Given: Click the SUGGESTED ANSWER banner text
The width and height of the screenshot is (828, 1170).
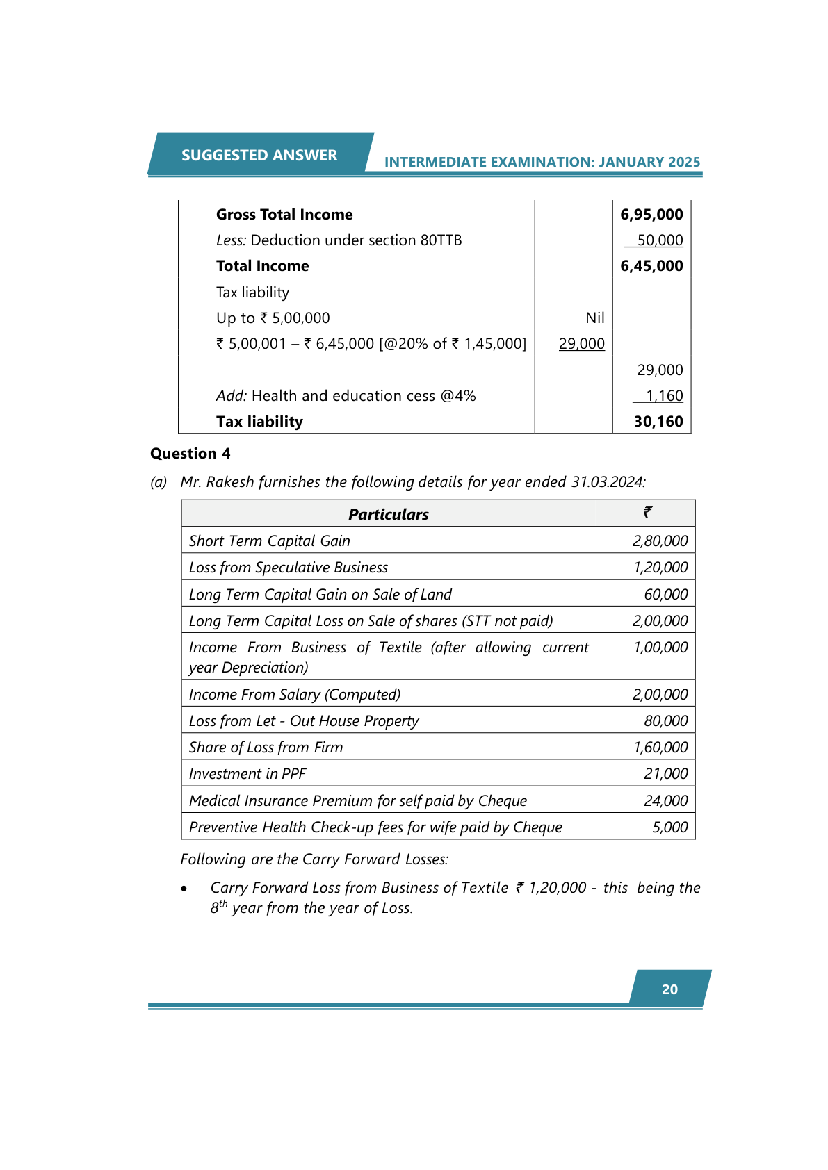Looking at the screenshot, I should (259, 156).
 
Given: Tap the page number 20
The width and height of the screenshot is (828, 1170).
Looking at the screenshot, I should (669, 989).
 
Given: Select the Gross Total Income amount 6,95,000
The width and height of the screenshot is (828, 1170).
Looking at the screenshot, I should (651, 215).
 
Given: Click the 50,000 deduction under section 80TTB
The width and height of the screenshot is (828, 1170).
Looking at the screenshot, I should (660, 240).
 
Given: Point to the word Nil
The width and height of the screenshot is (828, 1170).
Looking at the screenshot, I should (594, 318).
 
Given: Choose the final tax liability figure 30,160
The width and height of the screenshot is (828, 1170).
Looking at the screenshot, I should (658, 422).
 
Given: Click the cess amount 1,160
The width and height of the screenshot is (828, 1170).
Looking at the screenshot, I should (664, 396).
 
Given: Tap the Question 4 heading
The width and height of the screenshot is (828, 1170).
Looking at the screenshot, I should (190, 454).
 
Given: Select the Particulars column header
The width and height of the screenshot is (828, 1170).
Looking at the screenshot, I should (388, 515).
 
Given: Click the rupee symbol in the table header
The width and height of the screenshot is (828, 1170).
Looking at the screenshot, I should (647, 513).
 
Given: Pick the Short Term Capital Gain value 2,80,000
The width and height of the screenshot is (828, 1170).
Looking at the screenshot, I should (660, 541).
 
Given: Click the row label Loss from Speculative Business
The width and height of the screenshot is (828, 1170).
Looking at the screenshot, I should (288, 568).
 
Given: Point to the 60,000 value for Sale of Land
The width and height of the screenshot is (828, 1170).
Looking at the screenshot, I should (665, 595).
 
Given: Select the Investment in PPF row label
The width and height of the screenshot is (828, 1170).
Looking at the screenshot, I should (247, 774).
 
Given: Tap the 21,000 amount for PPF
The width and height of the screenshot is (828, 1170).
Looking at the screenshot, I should (665, 774).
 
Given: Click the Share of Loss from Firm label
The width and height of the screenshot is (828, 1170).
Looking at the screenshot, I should (266, 748).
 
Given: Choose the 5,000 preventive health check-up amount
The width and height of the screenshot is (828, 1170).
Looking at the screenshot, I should (669, 827).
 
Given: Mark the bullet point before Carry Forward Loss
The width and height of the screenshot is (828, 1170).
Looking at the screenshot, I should (184, 889).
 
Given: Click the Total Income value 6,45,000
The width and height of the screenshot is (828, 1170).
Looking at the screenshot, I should (651, 266).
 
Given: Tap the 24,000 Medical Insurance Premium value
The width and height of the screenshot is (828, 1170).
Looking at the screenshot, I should (665, 801).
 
